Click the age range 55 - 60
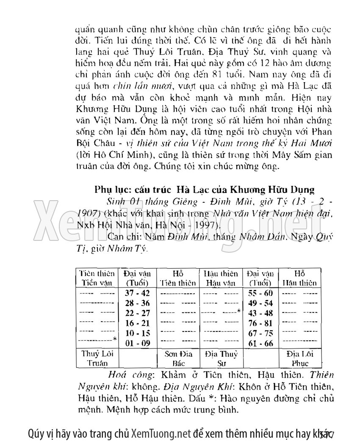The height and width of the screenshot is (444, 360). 261,293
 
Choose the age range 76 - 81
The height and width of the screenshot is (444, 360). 261,323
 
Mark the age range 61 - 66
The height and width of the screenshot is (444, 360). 261,343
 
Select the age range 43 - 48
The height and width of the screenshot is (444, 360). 261,313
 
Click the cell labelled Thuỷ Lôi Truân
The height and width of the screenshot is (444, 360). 97,358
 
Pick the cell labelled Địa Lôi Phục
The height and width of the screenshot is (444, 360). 299,358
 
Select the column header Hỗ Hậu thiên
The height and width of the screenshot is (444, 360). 299,278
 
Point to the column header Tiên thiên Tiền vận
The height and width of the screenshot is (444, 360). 97,278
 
